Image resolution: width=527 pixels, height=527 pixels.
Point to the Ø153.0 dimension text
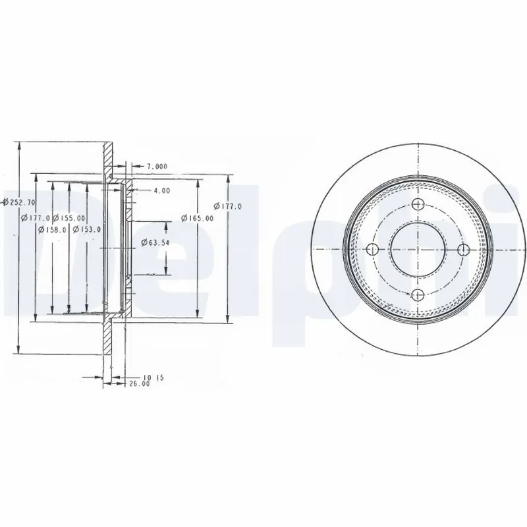[87, 229]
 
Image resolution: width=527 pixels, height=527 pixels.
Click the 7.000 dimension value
[157, 166]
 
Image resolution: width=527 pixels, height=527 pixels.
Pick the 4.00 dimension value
[161, 190]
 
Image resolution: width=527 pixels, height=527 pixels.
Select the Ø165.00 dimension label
[198, 218]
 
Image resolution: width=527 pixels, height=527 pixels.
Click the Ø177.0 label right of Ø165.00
[228, 206]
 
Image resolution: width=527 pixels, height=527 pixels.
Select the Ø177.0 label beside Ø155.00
[36, 218]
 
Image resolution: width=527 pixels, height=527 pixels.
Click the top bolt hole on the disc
[418, 204]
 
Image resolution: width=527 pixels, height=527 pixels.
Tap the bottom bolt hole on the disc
[418, 295]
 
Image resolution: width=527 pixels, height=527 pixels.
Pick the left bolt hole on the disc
[372, 249]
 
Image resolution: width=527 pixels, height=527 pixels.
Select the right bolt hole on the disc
[463, 249]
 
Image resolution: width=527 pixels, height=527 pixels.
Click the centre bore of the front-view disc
[418, 249]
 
